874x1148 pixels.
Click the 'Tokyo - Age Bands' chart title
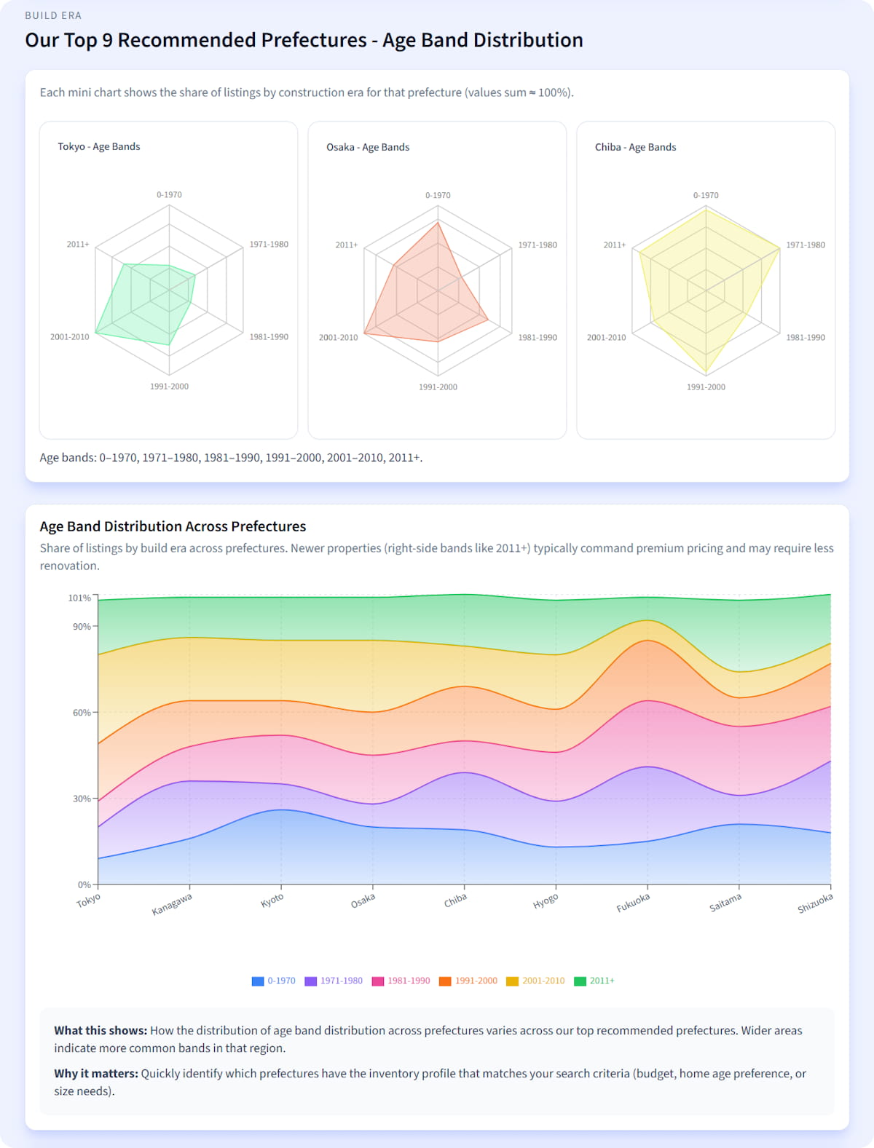[99, 146]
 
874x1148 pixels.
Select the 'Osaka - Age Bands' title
[368, 147]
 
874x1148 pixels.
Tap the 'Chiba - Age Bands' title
[635, 147]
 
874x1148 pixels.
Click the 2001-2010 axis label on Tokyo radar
[70, 337]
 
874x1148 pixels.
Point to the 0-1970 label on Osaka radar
[438, 195]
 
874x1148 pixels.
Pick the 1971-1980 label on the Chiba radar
[806, 245]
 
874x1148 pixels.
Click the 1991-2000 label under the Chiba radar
[706, 387]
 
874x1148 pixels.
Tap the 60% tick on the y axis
[82, 713]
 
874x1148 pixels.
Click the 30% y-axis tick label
[82, 799]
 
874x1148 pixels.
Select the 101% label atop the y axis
[79, 598]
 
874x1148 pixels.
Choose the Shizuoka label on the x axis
[815, 903]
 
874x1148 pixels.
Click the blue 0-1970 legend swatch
[258, 981]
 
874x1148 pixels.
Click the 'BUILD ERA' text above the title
[53, 15]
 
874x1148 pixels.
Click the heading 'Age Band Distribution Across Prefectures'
[173, 526]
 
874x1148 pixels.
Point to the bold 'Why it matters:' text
[96, 1074]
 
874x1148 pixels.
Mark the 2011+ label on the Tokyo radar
[78, 245]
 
